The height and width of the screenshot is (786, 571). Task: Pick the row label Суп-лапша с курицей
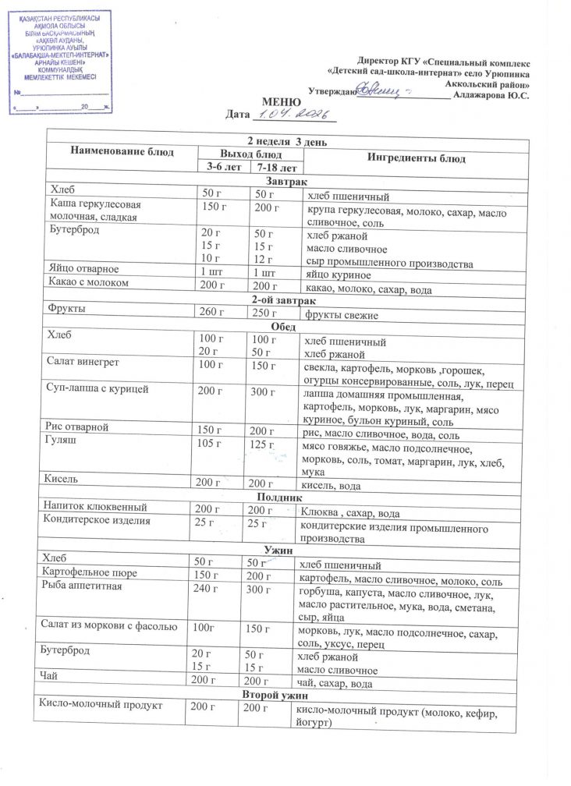click(98, 388)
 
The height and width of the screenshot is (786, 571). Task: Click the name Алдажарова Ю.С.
click(493, 94)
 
